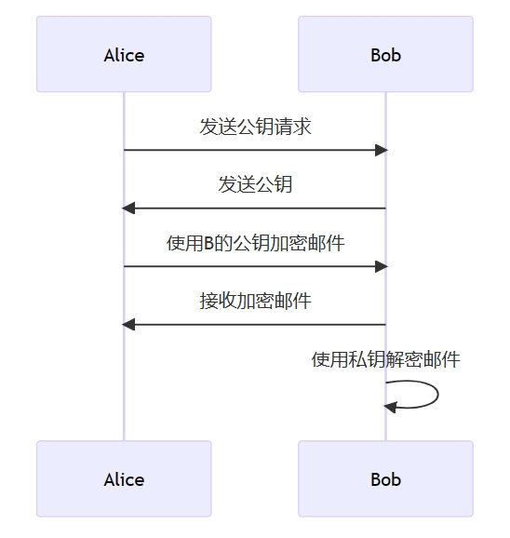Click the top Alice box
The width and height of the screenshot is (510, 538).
tap(124, 54)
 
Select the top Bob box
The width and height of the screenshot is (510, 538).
tap(385, 54)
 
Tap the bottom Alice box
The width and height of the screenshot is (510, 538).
tap(124, 478)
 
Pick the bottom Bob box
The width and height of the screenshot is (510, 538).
tap(385, 478)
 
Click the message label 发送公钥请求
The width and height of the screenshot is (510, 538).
tap(255, 127)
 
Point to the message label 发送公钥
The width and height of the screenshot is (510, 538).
tap(255, 184)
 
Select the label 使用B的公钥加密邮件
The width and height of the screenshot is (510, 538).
tap(255, 243)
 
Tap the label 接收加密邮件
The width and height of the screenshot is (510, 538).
tap(255, 301)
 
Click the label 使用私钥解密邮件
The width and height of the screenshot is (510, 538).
tap(385, 359)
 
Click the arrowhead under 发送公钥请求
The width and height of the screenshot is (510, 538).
tap(381, 150)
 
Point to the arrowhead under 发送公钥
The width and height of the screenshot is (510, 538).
tap(128, 208)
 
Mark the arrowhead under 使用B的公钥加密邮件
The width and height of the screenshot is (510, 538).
tap(381, 266)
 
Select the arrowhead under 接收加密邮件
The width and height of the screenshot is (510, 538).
tap(128, 324)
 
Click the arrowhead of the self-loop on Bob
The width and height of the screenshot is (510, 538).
tap(390, 407)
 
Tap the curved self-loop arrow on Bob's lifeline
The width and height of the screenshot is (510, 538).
tap(438, 395)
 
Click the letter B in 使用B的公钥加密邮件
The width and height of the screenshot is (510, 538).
tap(208, 243)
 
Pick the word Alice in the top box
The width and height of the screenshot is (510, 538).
tap(124, 55)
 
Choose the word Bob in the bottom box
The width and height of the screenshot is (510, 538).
tap(385, 479)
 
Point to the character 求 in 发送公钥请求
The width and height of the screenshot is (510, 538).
tap(302, 127)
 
